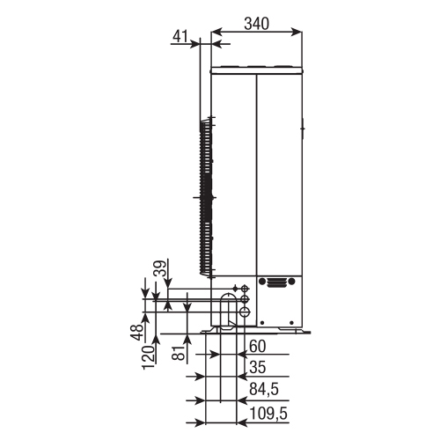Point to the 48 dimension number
coord(137,335)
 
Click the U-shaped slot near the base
coord(227,312)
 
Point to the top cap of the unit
coord(256,67)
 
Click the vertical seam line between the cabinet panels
coord(256,176)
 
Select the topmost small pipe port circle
coord(245,287)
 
